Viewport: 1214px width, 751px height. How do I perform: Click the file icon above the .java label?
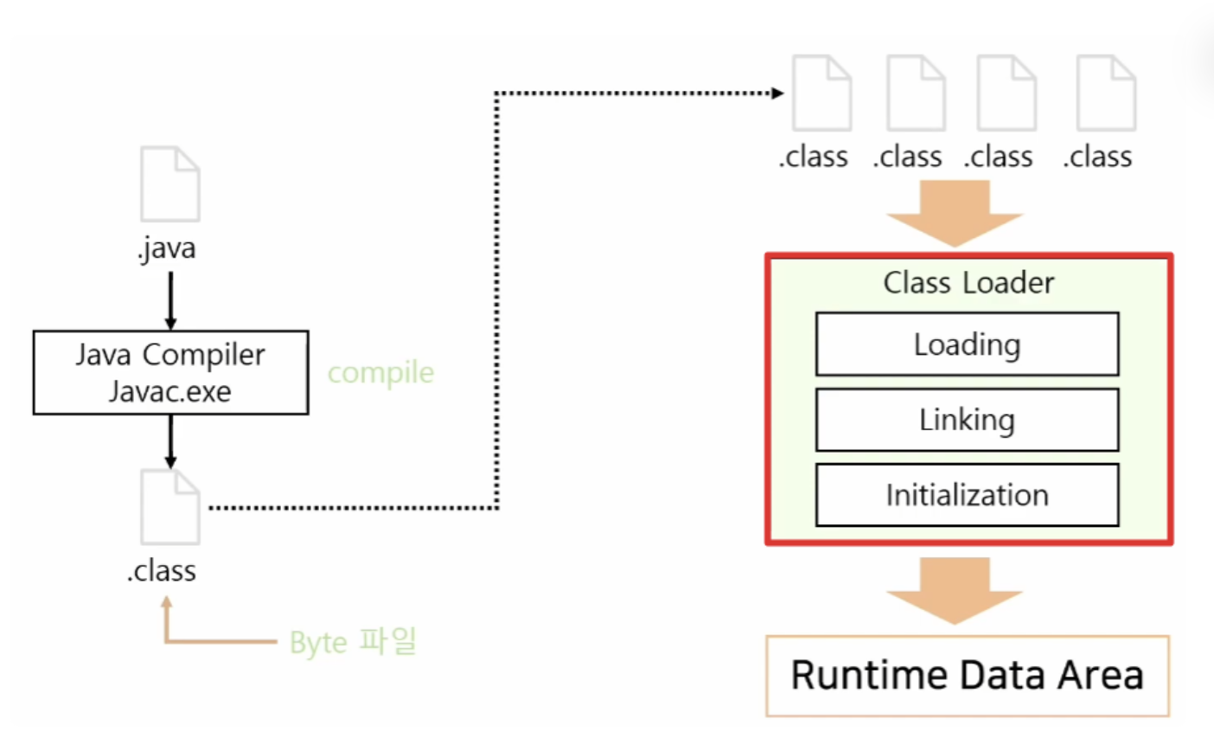pyautogui.click(x=170, y=183)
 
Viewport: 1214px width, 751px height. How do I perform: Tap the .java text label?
pyautogui.click(x=167, y=249)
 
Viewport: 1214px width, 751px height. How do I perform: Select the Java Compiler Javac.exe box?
pyautogui.click(x=170, y=373)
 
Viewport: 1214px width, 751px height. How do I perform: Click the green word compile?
pyautogui.click(x=381, y=374)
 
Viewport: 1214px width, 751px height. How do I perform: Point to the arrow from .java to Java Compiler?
pyautogui.click(x=170, y=300)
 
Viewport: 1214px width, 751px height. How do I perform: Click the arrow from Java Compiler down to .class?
pyautogui.click(x=170, y=441)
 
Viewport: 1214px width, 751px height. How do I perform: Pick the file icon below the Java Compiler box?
pyautogui.click(x=170, y=507)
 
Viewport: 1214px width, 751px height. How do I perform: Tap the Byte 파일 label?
pyautogui.click(x=353, y=641)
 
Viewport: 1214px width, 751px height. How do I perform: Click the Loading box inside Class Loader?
pyautogui.click(x=968, y=343)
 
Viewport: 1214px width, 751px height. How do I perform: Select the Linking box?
pyautogui.click(x=968, y=420)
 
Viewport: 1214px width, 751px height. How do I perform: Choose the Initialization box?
pyautogui.click(x=968, y=495)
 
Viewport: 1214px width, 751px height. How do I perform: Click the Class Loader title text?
pyautogui.click(x=968, y=283)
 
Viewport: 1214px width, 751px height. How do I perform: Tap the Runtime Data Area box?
pyautogui.click(x=968, y=677)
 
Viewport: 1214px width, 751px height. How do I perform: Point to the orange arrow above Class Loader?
pyautogui.click(x=955, y=213)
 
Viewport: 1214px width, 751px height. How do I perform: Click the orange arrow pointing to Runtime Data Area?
pyautogui.click(x=955, y=590)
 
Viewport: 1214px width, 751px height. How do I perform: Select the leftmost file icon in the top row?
pyautogui.click(x=821, y=93)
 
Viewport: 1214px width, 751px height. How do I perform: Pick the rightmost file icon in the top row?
pyautogui.click(x=1106, y=93)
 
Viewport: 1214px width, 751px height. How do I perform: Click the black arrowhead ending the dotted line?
pyautogui.click(x=777, y=93)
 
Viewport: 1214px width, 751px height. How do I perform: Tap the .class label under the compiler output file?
pyautogui.click(x=162, y=571)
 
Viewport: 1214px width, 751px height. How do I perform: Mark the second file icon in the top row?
pyautogui.click(x=916, y=93)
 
